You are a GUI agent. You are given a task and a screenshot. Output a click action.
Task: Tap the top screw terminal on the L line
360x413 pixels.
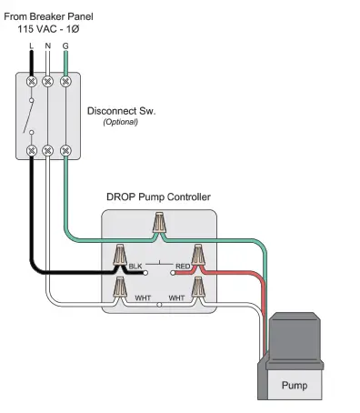point(32,82)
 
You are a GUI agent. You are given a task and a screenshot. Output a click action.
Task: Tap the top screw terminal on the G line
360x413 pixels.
point(65,82)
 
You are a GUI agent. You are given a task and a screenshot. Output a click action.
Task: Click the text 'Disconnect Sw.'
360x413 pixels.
point(121,111)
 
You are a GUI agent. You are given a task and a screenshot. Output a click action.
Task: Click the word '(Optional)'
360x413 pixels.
point(120,122)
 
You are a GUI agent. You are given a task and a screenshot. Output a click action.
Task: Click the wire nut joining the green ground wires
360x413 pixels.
point(160,223)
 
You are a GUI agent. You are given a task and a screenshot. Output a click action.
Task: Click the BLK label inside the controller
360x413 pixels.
point(135,267)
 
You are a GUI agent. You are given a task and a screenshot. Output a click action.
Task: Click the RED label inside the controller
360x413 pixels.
point(182,267)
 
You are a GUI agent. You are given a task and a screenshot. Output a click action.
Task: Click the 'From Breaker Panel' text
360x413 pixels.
point(56,15)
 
